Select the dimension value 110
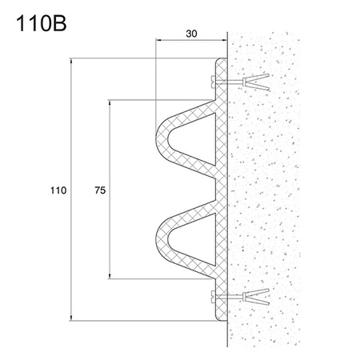(x=57, y=191)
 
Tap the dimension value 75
(x=100, y=191)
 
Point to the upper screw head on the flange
(x=210, y=81)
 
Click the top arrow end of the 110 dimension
(x=72, y=58)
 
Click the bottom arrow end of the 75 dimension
(x=110, y=278)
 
